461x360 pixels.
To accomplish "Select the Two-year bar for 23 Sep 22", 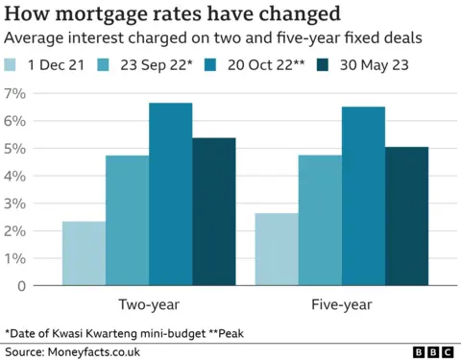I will click(127, 220).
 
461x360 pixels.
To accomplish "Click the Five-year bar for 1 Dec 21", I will click(277, 249).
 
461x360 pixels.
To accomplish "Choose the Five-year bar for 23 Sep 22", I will click(320, 220).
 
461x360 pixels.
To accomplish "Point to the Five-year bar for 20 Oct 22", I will click(363, 196).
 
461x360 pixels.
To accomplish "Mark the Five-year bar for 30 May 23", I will click(406, 216).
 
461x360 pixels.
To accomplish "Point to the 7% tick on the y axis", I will click(14, 93).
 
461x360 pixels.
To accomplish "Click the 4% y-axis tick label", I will click(14, 176).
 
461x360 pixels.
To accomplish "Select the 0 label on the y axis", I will click(18, 285).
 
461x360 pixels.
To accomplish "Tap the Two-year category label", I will click(148, 304).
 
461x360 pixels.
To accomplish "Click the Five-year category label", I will click(341, 304).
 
